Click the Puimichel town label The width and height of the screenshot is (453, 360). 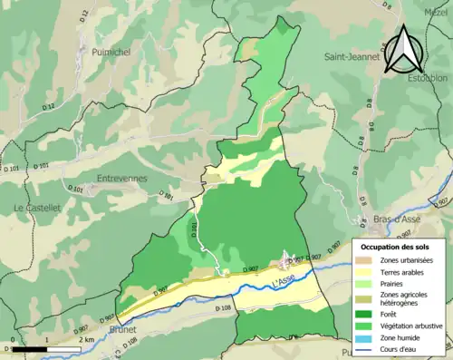(x=111, y=54)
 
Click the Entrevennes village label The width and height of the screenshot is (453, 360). (x=121, y=179)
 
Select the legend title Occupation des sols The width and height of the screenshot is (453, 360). (x=397, y=247)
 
